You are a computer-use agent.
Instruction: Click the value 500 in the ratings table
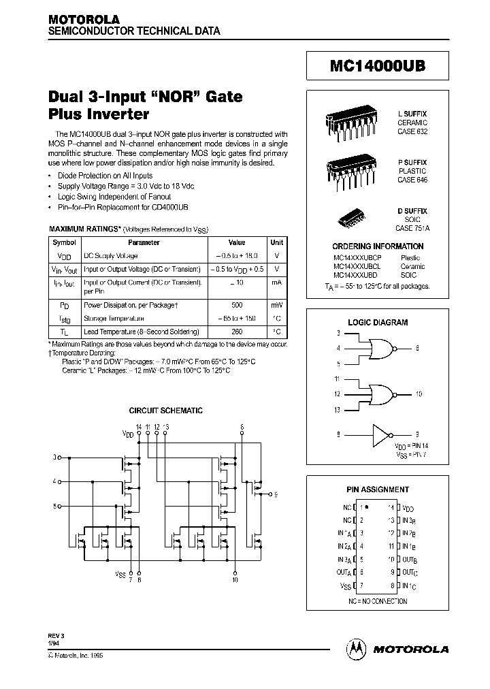[236, 305]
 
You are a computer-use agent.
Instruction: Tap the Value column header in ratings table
[236, 242]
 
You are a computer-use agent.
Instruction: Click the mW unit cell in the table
[277, 305]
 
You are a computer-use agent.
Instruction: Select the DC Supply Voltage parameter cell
[111, 256]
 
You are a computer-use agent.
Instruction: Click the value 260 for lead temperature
[236, 332]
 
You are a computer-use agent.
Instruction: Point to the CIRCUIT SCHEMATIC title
[166, 411]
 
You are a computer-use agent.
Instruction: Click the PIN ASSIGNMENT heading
[378, 490]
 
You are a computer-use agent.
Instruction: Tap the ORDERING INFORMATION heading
[378, 246]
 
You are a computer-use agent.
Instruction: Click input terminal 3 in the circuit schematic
[59, 457]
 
